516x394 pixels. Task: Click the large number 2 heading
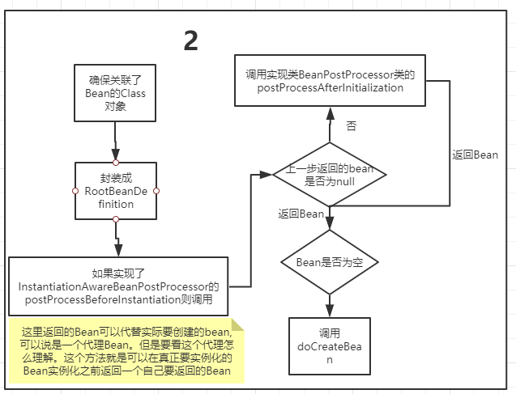tap(191, 40)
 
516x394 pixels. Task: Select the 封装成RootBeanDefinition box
tap(115, 191)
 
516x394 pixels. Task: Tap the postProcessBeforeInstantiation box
tap(118, 286)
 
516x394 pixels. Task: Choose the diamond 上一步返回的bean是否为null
tap(329, 175)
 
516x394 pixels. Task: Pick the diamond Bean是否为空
tap(329, 262)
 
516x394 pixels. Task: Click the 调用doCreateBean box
tap(329, 345)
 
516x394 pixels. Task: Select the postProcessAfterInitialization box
tap(330, 81)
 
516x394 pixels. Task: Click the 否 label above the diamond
tap(350, 126)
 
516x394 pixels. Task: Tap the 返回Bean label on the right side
tap(474, 154)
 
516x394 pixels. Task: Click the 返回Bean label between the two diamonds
tap(301, 214)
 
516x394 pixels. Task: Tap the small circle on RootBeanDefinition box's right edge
tap(156, 191)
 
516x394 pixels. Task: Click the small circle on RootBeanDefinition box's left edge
tap(75, 191)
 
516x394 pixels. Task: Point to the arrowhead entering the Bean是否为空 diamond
tap(329, 222)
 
